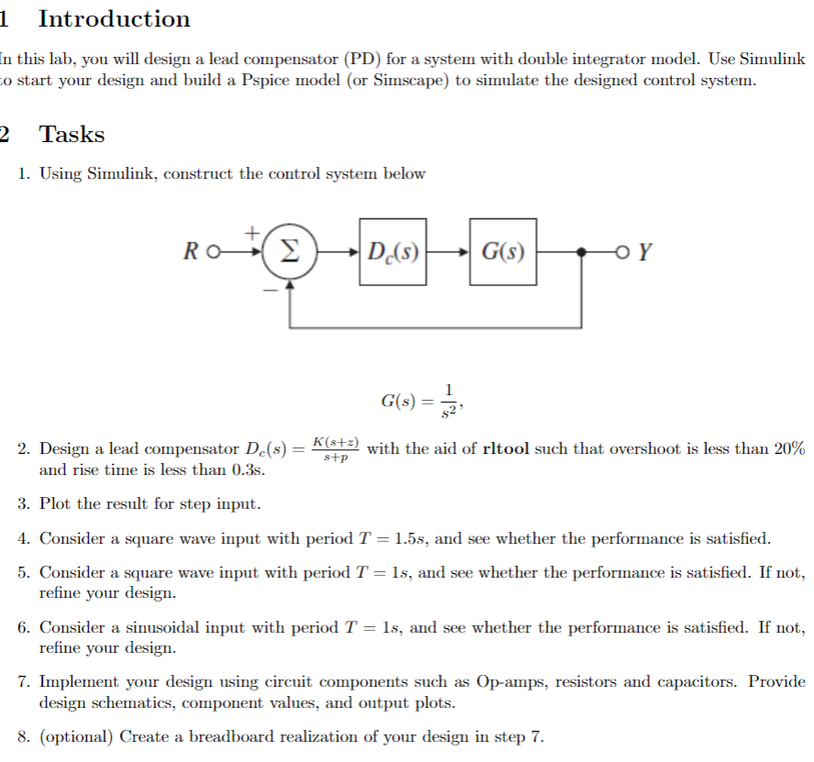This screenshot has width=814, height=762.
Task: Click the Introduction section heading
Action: pyautogui.click(x=114, y=19)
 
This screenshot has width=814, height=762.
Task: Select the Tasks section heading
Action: pyautogui.click(x=71, y=135)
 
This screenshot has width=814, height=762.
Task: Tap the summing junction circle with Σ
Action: pyautogui.click(x=290, y=250)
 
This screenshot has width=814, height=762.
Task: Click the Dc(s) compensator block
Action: pyautogui.click(x=392, y=250)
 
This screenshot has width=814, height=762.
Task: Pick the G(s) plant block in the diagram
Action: pyautogui.click(x=503, y=250)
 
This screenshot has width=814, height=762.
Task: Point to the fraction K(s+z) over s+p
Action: pyautogui.click(x=334, y=449)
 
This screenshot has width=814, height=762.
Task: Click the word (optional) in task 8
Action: pyautogui.click(x=75, y=736)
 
